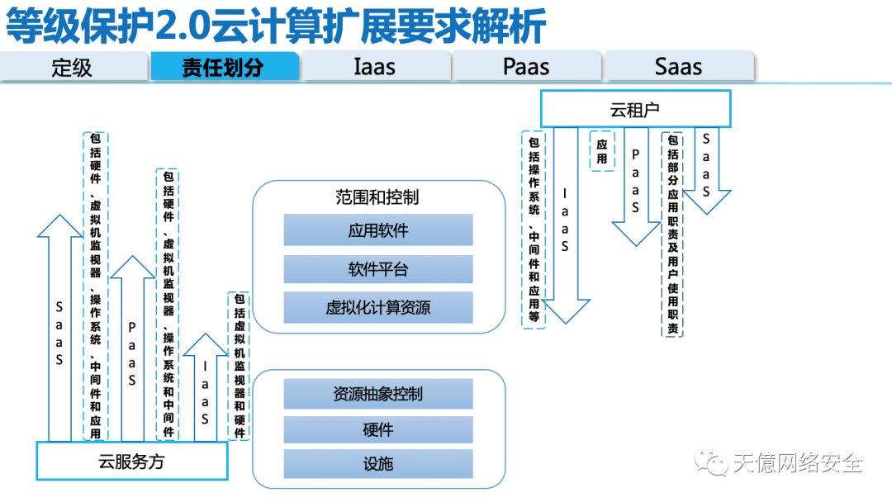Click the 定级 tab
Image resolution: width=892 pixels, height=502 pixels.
(x=73, y=67)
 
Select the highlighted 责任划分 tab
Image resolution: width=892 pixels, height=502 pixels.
(x=223, y=67)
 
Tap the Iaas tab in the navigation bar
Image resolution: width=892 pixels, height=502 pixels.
(x=374, y=67)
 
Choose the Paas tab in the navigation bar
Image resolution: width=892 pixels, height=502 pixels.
(x=526, y=67)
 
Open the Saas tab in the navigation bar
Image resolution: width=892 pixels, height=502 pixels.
(x=678, y=67)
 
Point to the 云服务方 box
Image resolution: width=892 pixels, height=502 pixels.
(x=131, y=462)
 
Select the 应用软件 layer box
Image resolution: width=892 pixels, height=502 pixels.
(x=378, y=230)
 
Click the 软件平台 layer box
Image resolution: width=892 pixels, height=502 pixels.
(x=378, y=269)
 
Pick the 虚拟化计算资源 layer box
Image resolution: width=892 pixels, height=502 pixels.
(x=378, y=308)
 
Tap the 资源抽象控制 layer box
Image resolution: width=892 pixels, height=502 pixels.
(x=378, y=394)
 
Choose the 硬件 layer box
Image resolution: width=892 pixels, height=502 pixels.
(x=378, y=429)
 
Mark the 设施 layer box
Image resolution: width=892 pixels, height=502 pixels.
(x=378, y=464)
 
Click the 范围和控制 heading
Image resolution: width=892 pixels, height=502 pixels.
(x=377, y=197)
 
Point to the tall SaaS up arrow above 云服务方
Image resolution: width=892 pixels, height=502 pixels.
(x=59, y=330)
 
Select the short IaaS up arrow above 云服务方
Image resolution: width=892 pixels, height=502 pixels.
(x=204, y=388)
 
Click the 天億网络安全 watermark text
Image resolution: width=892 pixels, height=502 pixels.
(x=798, y=463)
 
